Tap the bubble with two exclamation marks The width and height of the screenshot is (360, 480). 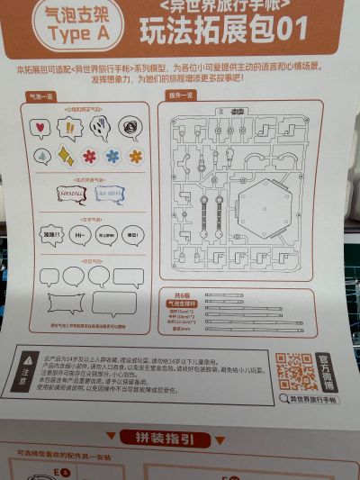68,127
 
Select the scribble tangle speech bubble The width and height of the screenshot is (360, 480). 130,125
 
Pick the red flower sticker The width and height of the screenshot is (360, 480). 90,156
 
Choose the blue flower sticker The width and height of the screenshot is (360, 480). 112,156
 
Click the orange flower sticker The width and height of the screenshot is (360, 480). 136,156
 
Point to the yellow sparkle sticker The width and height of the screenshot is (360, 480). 66,156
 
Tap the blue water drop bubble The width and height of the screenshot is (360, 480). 42,156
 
